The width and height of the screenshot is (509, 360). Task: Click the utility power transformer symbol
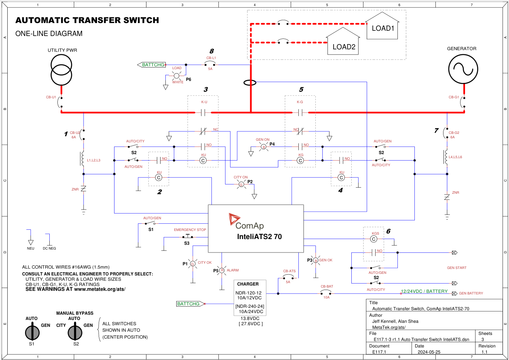[x=61, y=69]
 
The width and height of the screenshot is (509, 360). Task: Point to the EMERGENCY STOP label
[x=190, y=230]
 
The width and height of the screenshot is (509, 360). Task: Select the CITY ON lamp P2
[x=241, y=184]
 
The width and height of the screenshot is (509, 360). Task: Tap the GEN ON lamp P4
[x=264, y=147]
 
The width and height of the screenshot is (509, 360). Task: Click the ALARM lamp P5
[x=222, y=270]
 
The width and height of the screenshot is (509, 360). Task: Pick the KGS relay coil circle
[x=374, y=239]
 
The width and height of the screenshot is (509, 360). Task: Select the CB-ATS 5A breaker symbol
[x=289, y=277]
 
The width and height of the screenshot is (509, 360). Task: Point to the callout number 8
[x=211, y=51]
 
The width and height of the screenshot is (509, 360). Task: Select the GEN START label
[x=456, y=268]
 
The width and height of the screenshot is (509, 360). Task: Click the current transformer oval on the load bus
[x=251, y=83]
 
